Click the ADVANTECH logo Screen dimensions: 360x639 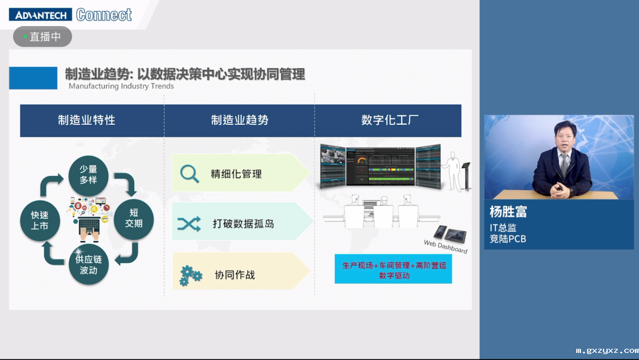pos(40,14)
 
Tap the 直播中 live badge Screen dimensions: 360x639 pos(43,37)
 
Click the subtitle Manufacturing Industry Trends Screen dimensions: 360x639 pos(121,86)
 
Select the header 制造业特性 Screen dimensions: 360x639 pos(86,120)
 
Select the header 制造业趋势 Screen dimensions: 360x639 pos(240,120)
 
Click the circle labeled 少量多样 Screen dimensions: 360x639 pos(88,174)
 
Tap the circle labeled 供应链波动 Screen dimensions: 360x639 pos(88,265)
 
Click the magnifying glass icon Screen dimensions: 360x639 pos(189,173)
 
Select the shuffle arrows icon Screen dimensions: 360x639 pos(189,224)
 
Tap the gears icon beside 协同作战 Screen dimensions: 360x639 pos(191,275)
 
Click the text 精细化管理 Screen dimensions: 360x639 pos(236,174)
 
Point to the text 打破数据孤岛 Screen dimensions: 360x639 pos(243,224)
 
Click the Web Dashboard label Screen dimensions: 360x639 pos(446,246)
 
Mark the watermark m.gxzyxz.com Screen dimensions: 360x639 pos(606,350)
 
